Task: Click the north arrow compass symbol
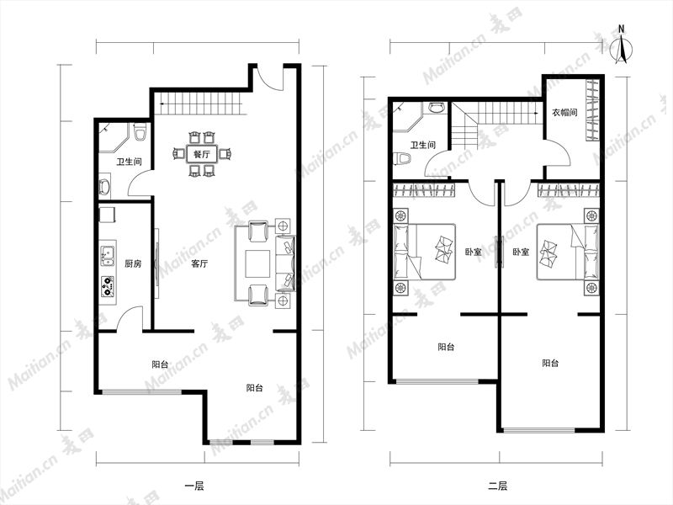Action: [x=621, y=46]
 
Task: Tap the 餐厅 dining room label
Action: [x=201, y=154]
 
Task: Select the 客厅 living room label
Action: [x=199, y=263]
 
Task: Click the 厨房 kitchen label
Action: [x=133, y=263]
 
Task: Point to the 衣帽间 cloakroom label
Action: [x=564, y=113]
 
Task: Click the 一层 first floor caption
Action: [x=194, y=486]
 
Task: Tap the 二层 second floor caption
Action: [x=497, y=486]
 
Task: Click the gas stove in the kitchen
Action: [x=108, y=286]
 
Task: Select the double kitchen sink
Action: [x=107, y=256]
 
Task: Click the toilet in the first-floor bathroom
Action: [x=140, y=132]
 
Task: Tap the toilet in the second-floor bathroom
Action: [x=402, y=158]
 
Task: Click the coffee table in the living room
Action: [x=257, y=263]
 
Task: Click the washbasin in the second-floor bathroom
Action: [x=437, y=107]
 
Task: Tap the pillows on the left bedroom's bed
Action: [x=444, y=248]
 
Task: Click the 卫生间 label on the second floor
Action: [x=423, y=145]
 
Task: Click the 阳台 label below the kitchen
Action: [x=160, y=364]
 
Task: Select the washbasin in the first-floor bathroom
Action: [x=104, y=186]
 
